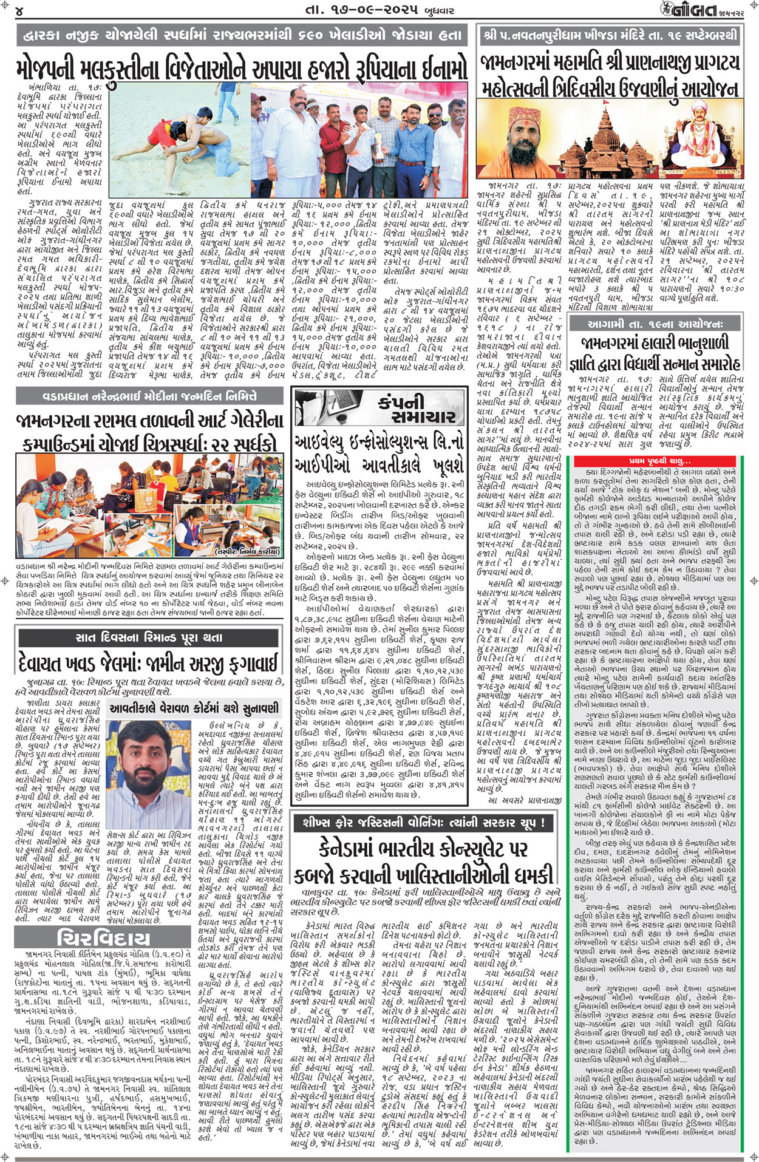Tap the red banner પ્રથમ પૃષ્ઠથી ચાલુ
tap(658, 461)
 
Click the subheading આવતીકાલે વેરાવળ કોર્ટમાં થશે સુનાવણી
tap(194, 708)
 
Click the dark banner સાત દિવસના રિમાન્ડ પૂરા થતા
tap(148, 637)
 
